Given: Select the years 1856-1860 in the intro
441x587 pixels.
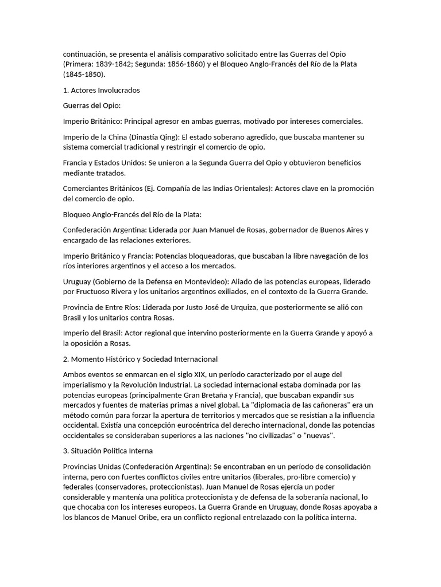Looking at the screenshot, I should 185,64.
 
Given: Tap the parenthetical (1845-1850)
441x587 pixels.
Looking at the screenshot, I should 84,75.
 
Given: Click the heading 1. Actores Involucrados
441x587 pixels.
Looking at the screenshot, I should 101,90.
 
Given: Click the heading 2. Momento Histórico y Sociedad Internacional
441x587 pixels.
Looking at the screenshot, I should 140,359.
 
